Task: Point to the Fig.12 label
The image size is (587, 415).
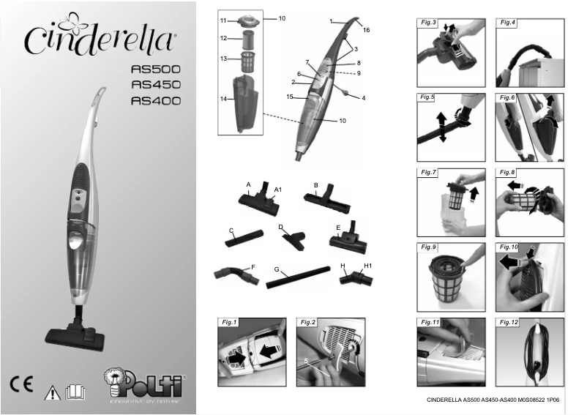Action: pos(508,322)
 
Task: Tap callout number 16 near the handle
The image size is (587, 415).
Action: pos(367,30)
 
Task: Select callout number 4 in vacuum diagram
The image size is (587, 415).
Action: pos(363,97)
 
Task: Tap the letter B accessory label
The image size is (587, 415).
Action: pos(315,184)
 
